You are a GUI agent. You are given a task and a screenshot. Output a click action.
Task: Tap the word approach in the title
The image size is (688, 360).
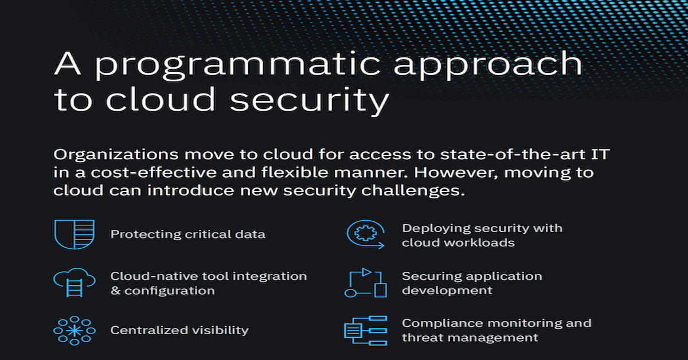488,65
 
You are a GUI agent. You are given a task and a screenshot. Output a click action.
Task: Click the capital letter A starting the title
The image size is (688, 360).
67,63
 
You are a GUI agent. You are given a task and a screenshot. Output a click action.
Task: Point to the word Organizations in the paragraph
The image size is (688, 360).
116,155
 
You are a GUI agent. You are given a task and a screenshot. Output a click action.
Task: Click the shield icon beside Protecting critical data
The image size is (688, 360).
75,234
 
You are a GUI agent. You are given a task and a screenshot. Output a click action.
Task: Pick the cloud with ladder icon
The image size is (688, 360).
75,282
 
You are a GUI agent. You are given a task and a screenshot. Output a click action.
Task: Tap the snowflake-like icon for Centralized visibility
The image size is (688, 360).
75,331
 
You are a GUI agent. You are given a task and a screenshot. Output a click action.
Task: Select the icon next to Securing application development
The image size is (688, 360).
366,283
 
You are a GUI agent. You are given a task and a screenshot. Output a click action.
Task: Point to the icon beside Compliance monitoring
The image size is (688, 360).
366,331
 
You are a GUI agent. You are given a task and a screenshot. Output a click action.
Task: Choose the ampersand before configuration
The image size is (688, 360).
115,291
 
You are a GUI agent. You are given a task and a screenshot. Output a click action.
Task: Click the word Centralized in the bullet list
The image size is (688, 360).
149,330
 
